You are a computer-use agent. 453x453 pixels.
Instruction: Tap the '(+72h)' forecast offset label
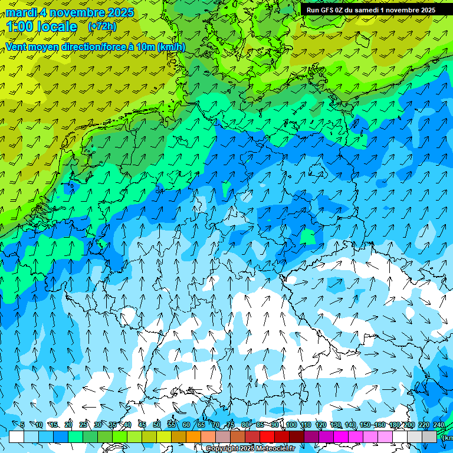coord(102,26)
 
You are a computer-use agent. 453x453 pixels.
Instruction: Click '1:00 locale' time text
coord(41,27)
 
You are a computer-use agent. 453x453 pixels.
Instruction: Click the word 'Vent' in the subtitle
coord(17,47)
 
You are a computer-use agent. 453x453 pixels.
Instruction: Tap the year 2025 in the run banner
coord(425,9)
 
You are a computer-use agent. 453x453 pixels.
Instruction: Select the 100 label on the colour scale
coord(291,425)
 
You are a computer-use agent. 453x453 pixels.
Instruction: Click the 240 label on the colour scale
coord(439,425)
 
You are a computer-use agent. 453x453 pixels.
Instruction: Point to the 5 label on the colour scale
coord(22,425)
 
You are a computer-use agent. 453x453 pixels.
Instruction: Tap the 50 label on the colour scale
coord(157,425)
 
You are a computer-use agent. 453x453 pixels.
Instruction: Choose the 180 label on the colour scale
coord(394,425)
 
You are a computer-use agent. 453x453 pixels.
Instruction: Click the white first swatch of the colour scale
coord(17,436)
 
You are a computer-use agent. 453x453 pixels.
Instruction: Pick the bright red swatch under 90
coord(267,436)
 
